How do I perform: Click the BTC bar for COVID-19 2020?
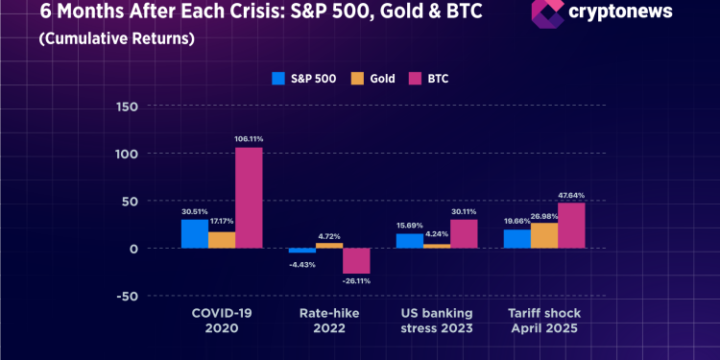coord(249,198)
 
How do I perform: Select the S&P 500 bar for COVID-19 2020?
coord(195,233)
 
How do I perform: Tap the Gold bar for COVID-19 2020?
coord(222,240)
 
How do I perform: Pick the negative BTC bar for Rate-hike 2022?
coord(356,260)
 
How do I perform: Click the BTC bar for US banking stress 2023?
coord(464,233)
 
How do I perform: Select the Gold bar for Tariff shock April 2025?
coord(544,235)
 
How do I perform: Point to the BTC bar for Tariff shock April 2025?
coord(571,226)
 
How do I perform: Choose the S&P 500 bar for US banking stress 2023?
coord(410,241)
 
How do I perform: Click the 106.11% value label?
coord(249,139)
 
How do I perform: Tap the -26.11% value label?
coord(356,281)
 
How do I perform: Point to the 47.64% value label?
coord(571,195)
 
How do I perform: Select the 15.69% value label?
coord(410,226)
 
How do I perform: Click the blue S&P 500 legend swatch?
coord(280,79)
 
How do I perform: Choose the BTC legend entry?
coord(429,79)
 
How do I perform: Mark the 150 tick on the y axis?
coord(127,107)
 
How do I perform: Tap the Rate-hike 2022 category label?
coord(329,322)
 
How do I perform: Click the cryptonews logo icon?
coord(547,13)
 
